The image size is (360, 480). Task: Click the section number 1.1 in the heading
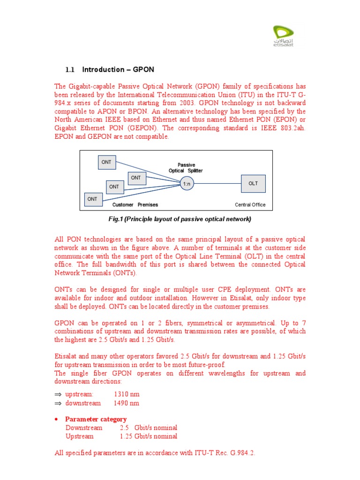[70, 70]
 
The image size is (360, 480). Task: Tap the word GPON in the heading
[143, 70]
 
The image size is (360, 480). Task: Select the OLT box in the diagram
[253, 183]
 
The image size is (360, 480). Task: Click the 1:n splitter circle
[187, 184]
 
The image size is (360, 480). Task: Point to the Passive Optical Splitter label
[186, 168]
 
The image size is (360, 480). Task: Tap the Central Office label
[250, 205]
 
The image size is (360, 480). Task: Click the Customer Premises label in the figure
[135, 205]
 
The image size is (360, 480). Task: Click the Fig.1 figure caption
[180, 219]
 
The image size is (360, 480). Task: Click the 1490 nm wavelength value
[127, 403]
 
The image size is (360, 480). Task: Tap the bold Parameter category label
[96, 419]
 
